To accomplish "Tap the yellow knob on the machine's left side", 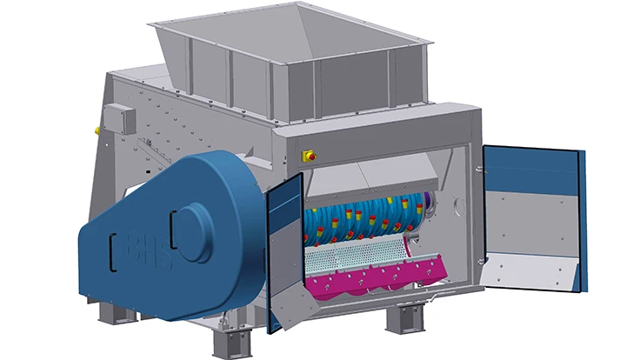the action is click(97, 130).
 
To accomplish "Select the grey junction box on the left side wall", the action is click(119, 118).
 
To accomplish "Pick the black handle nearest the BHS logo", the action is click(113, 252).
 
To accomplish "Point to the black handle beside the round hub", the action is click(173, 230).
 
